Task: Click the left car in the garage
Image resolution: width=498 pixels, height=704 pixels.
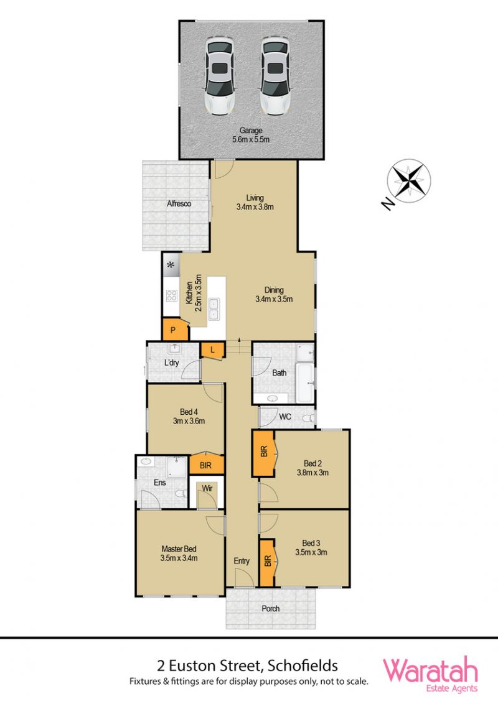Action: [220, 76]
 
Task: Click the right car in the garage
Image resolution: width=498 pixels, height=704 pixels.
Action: [275, 76]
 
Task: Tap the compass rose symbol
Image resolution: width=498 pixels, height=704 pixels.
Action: [409, 181]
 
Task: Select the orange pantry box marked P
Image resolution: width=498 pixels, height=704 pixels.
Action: [173, 330]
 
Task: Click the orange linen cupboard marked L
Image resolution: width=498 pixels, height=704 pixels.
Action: [212, 350]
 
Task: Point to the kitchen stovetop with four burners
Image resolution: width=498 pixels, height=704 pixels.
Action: [172, 295]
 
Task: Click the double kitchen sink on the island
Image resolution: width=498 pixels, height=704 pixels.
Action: [213, 309]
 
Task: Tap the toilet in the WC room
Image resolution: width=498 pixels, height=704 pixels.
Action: [308, 419]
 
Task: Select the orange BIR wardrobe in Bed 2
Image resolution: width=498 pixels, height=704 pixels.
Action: [263, 453]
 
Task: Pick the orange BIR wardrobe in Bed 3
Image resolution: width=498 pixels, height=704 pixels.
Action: [268, 562]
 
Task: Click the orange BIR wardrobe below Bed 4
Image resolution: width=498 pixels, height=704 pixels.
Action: [206, 463]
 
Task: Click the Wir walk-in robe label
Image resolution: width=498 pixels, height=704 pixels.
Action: [207, 488]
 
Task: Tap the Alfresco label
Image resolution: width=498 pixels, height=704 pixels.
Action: [179, 203]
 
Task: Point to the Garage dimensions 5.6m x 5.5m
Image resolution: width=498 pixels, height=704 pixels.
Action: [251, 139]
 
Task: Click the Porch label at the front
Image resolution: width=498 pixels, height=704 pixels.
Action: [271, 608]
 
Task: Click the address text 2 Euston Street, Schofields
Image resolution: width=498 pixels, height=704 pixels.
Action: [248, 665]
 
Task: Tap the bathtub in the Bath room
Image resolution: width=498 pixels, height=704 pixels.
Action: [306, 383]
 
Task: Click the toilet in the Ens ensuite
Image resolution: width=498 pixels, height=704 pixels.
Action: [181, 494]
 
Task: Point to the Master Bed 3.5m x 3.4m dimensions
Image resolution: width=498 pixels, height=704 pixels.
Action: [179, 558]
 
